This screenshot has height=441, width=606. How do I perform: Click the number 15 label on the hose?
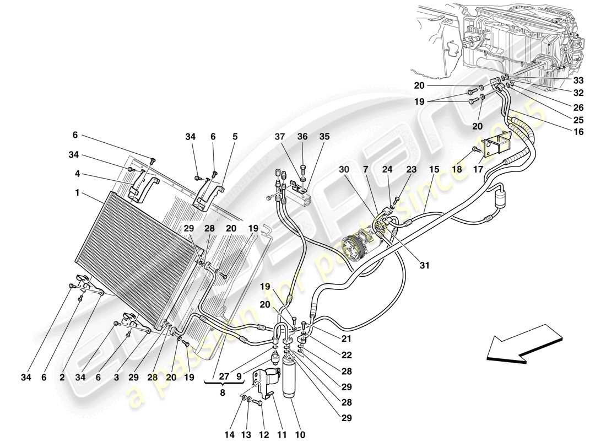(434, 170)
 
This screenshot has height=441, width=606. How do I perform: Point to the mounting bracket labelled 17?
(496, 148)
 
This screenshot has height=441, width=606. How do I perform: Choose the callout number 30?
(344, 170)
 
